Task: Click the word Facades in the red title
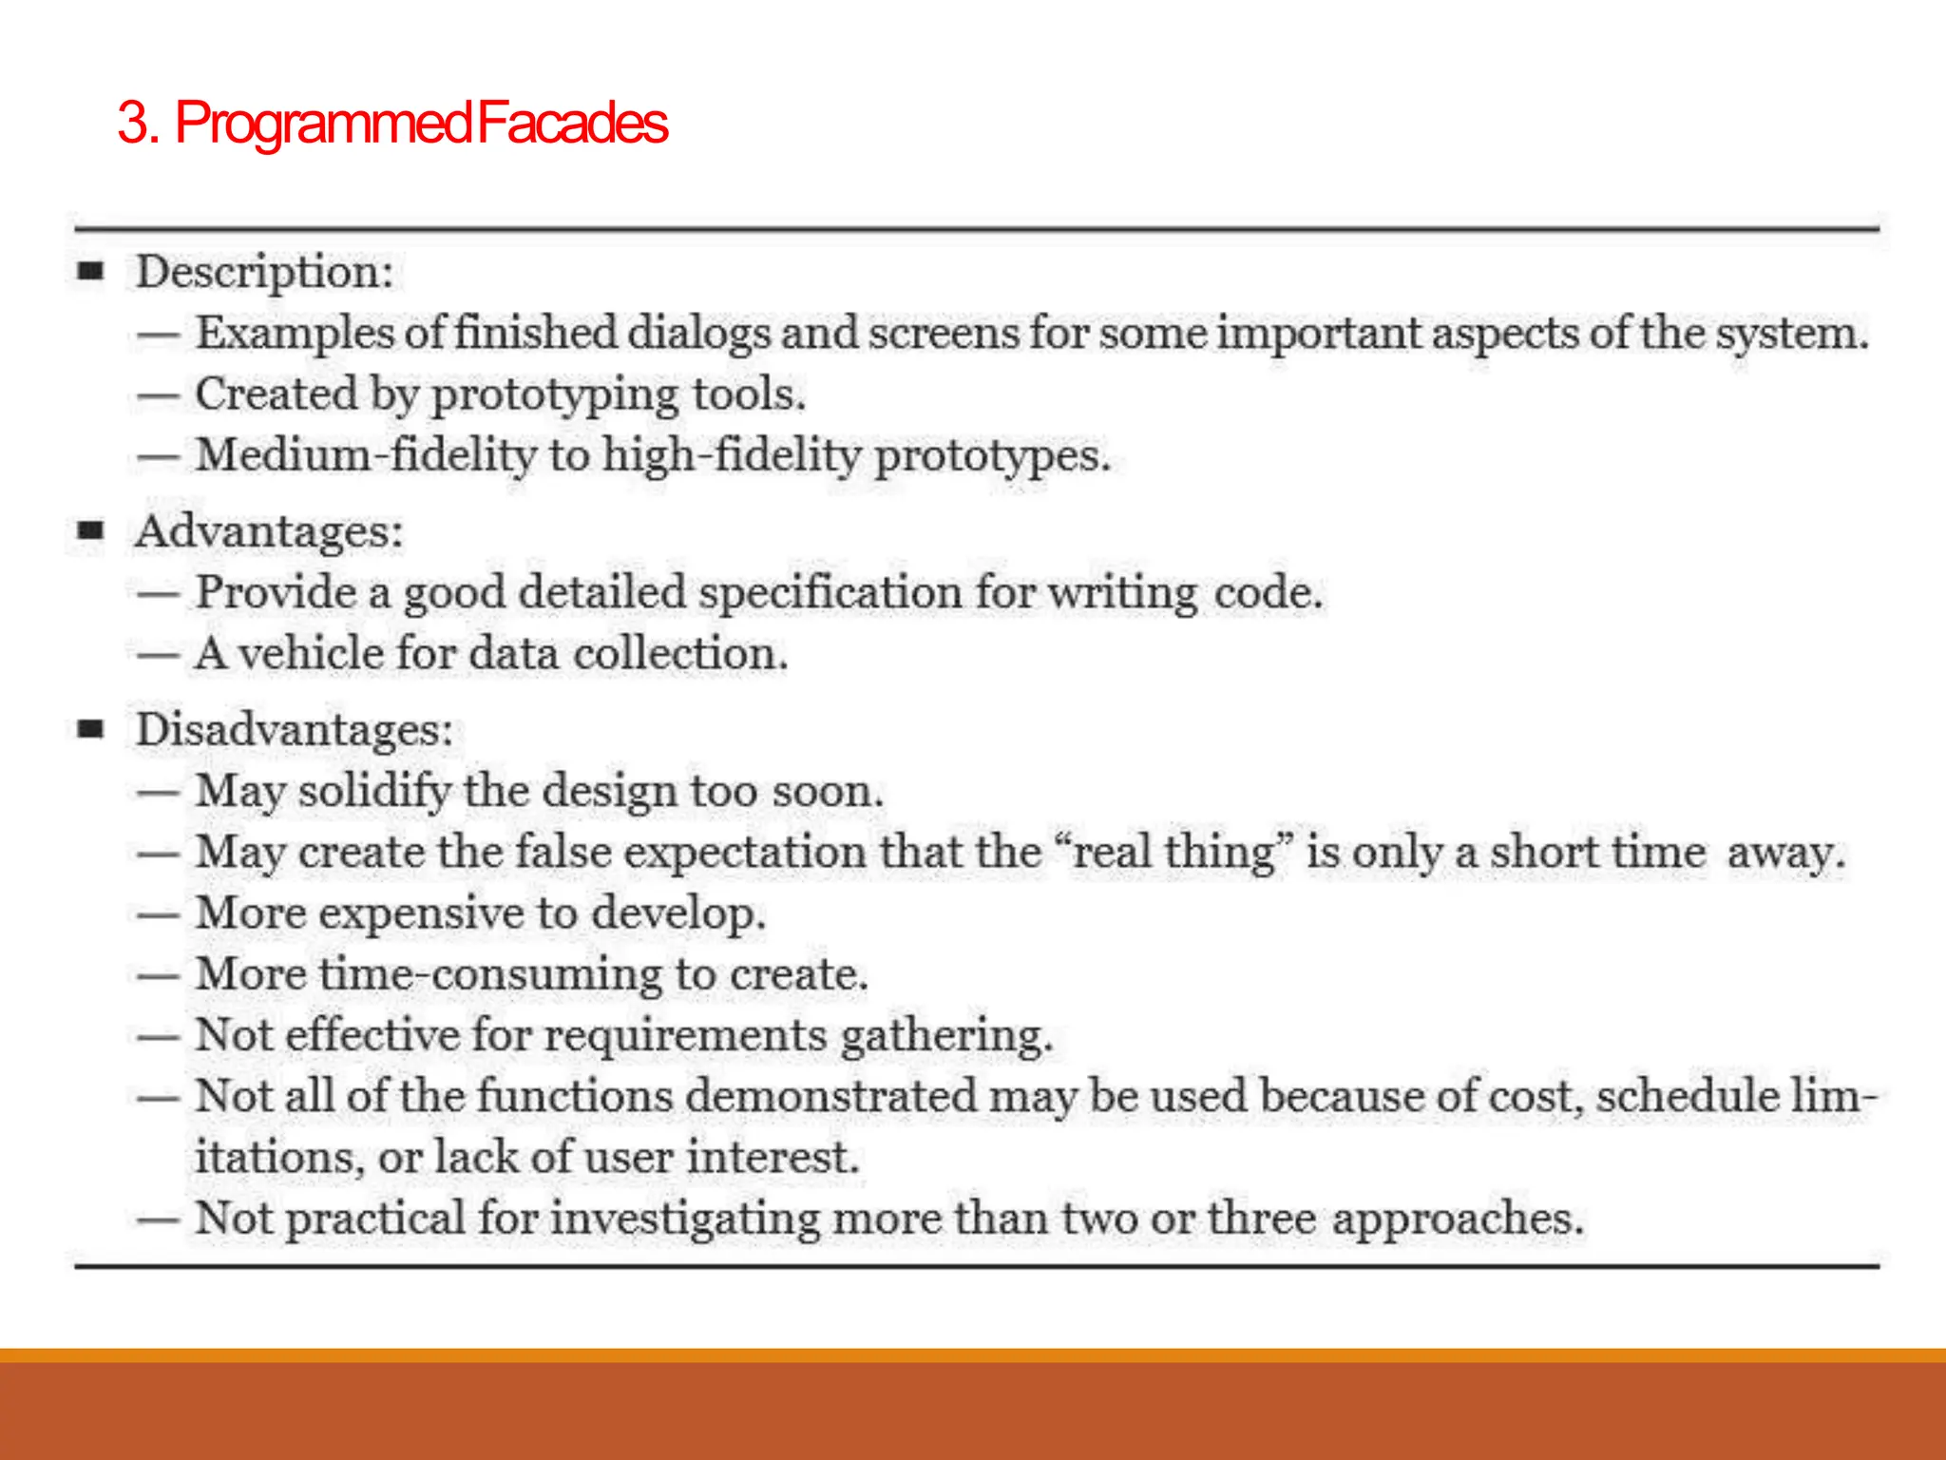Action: point(572,124)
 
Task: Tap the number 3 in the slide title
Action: point(132,124)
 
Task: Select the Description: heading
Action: point(264,272)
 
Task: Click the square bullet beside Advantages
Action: point(90,530)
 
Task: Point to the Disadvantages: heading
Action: point(295,730)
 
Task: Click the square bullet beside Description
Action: point(90,272)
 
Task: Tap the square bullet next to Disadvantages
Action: point(90,730)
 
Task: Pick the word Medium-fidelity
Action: point(367,455)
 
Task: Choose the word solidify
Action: point(374,792)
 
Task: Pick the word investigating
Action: point(685,1219)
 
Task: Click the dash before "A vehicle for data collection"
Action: point(158,655)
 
